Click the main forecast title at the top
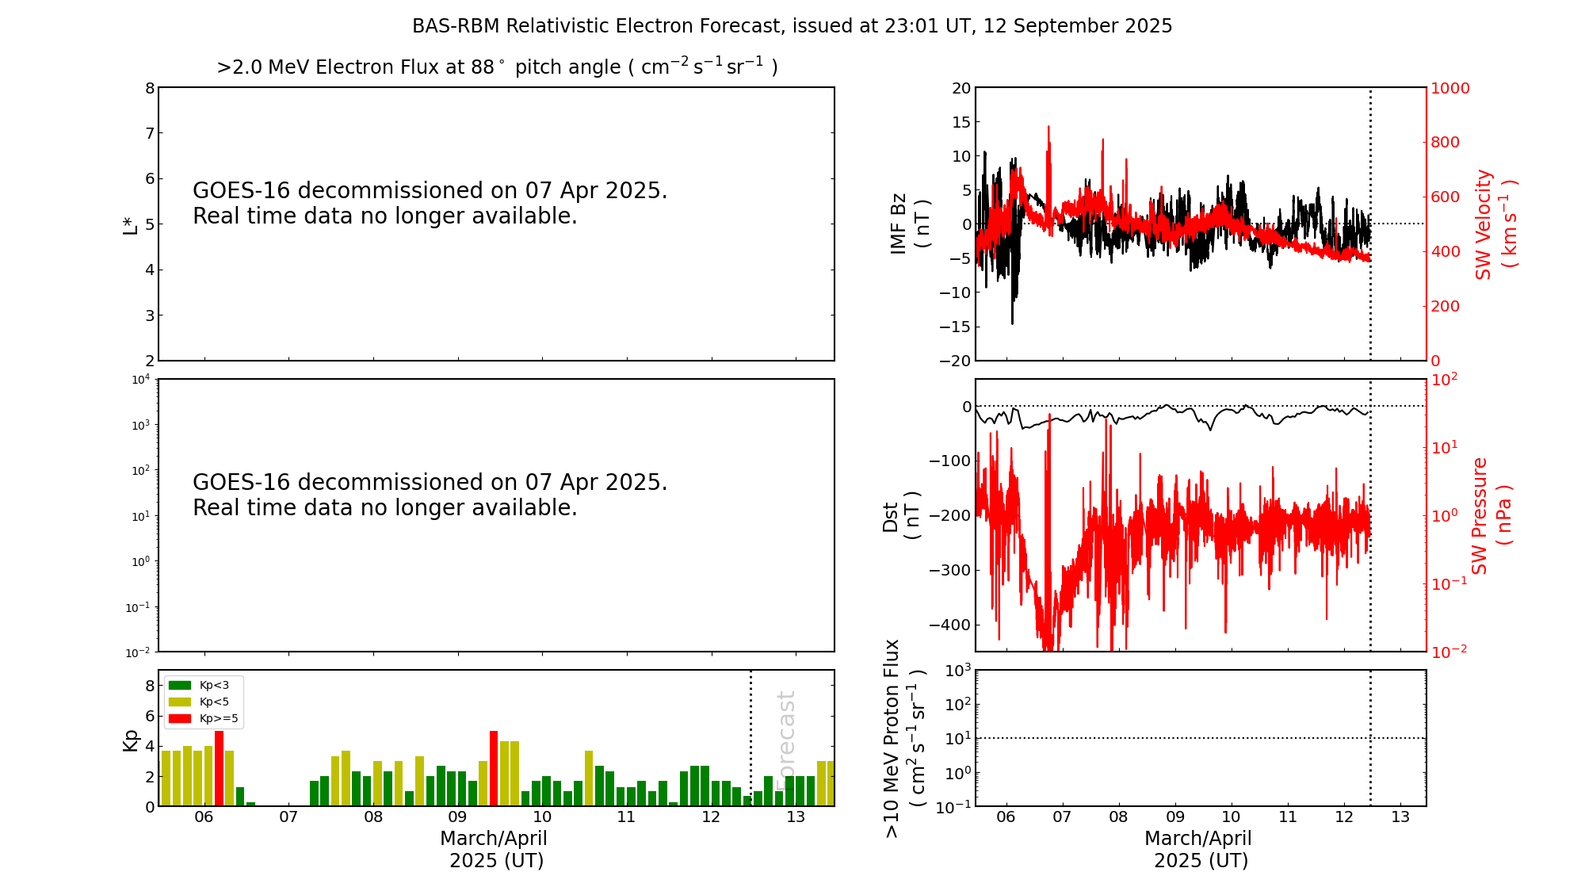coord(792,26)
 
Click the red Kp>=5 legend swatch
coord(180,719)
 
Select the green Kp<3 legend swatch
coord(180,685)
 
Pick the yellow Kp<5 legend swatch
coord(180,702)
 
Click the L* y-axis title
coord(131,224)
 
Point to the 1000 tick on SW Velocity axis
coord(1449,88)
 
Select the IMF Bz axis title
coord(910,224)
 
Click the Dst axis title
coord(901,516)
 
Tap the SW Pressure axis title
coord(1491,516)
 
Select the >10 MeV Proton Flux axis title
coord(904,738)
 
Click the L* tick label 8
coord(149,88)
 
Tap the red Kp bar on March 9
coord(494,768)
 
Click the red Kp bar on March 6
coord(220,768)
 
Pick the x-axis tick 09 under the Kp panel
coord(457,817)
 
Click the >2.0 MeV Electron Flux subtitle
coord(497,67)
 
